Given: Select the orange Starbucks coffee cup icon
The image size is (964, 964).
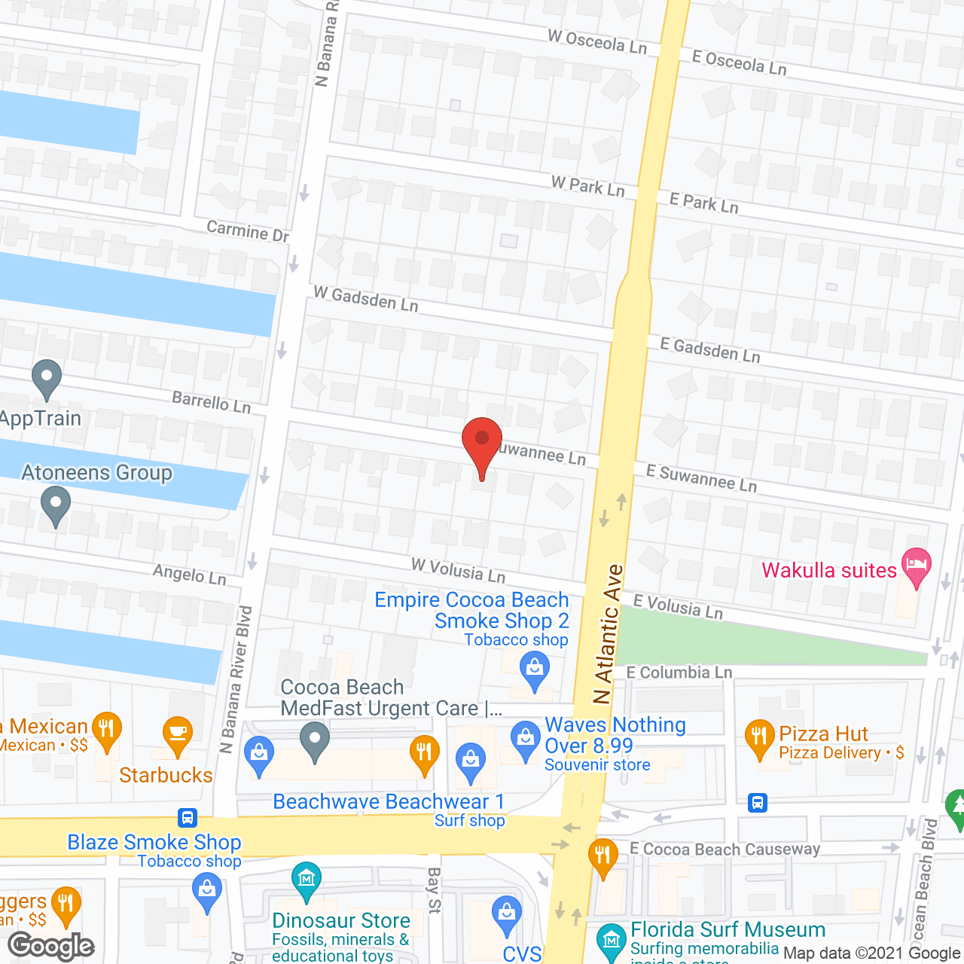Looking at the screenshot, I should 178,736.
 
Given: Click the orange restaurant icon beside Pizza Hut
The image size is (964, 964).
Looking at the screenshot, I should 759,739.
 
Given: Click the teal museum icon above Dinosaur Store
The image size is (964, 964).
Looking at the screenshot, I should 307,880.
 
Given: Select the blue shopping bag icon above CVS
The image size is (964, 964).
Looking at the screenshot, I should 507,915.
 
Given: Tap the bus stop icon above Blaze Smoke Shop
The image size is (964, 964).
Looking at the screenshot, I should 188,817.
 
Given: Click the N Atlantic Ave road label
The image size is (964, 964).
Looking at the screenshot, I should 609,634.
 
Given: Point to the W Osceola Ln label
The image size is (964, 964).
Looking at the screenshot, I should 597,41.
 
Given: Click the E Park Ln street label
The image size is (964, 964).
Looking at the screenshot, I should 704,203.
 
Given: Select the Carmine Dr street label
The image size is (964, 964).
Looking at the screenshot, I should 248,230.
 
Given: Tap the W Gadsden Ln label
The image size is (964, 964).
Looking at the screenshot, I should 365,298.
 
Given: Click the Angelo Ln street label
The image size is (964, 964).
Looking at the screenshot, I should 190,575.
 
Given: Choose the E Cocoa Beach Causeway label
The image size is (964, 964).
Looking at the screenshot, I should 725,850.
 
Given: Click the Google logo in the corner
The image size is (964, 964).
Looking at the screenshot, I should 51,946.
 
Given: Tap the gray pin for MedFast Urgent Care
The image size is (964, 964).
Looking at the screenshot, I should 315,740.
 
